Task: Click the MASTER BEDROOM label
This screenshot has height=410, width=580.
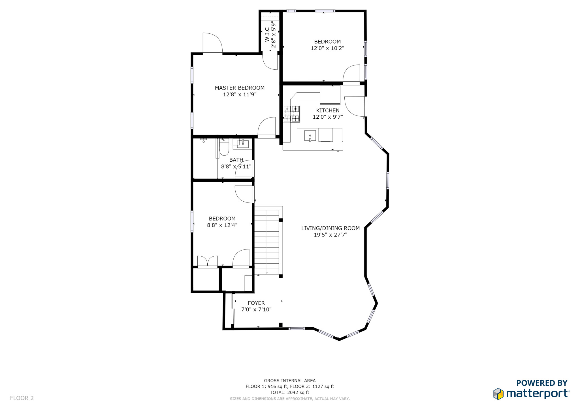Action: (x=240, y=88)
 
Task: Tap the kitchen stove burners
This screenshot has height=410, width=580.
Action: (x=292, y=114)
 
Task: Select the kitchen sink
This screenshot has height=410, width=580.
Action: (x=310, y=136)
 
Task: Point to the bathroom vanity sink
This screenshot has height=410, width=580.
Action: (x=242, y=144)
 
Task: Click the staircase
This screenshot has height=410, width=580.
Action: (x=267, y=241)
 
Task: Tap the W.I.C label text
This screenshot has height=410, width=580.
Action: (x=267, y=35)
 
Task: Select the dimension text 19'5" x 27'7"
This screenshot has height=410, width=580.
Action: (x=330, y=235)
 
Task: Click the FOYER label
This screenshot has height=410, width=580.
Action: (x=256, y=303)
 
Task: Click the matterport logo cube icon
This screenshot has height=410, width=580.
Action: (x=498, y=394)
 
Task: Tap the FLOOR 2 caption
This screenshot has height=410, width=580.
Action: (x=22, y=398)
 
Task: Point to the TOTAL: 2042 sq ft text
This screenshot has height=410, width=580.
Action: (x=289, y=392)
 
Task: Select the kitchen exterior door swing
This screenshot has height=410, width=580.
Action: (x=355, y=106)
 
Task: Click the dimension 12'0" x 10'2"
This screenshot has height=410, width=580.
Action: (x=327, y=48)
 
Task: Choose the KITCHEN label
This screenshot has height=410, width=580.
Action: (x=328, y=110)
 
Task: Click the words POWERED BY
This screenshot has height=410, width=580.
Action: (x=542, y=383)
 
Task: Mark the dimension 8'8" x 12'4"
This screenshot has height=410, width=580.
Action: (x=222, y=225)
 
